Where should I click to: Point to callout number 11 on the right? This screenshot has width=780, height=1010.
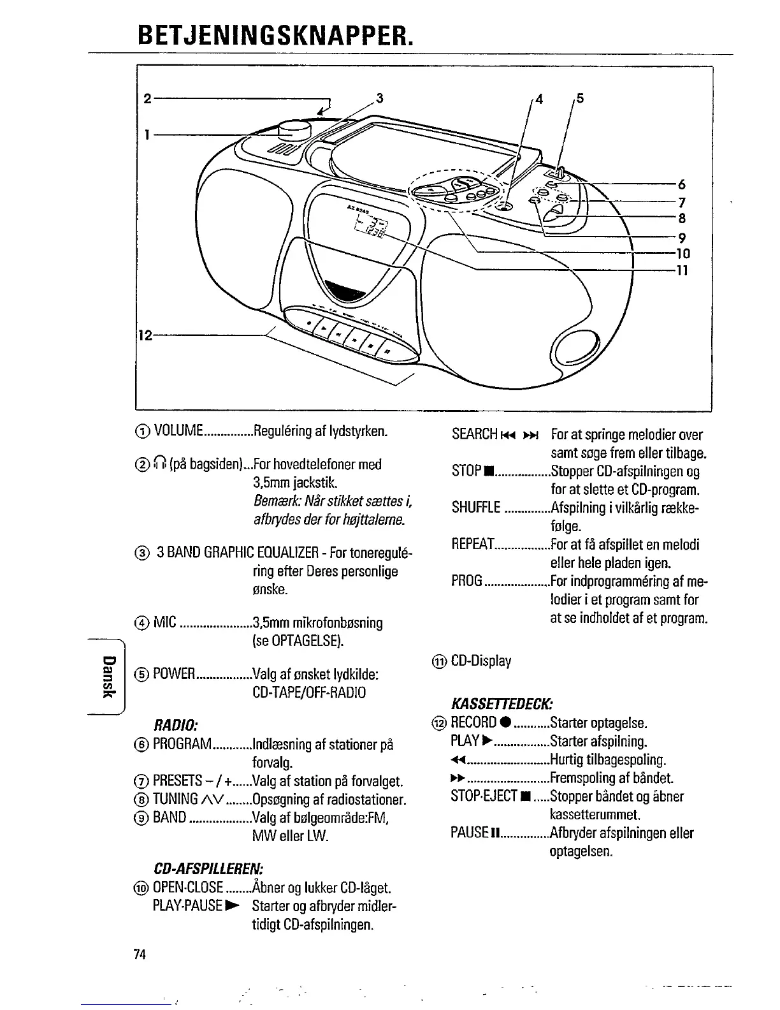coord(682,270)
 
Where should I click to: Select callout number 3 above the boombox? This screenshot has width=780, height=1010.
coord(380,98)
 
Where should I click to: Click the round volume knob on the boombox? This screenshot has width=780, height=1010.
coord(294,129)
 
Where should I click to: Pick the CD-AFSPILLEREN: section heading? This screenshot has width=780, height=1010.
coord(208,868)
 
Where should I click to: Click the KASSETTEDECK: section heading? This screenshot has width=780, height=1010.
coord(501,704)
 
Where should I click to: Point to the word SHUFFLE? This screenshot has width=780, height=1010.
coord(476,508)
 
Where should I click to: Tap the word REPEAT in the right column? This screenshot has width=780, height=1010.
coord(473,545)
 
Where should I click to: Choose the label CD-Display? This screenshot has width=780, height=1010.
coord(481,661)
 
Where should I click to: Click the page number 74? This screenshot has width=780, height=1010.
coord(140,955)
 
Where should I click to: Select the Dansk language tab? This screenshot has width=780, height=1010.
coord(110,675)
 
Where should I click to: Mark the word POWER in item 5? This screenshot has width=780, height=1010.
coord(173,675)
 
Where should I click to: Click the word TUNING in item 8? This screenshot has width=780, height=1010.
coord(176,800)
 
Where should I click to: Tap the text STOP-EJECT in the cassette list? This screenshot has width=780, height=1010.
coord(483,797)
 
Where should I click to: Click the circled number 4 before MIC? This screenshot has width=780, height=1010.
coord(143,623)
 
